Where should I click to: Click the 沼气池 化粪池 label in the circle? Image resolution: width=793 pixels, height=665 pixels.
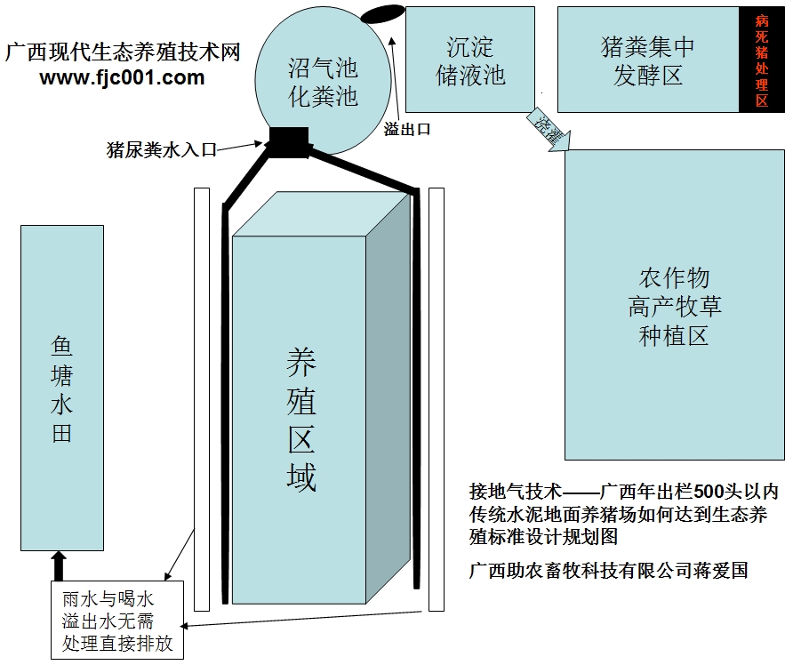pyautogui.click(x=323, y=81)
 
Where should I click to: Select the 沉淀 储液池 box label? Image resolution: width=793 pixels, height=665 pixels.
pyautogui.click(x=470, y=60)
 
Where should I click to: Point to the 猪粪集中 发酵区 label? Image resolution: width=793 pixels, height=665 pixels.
pyautogui.click(x=647, y=60)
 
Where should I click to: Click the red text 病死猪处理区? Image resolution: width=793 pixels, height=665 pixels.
pyautogui.click(x=761, y=60)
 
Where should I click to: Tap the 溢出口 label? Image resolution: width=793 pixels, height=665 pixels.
pyautogui.click(x=407, y=129)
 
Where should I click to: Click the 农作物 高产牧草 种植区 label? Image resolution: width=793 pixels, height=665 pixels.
pyautogui.click(x=675, y=307)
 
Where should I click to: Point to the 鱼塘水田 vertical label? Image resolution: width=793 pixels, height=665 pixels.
pyautogui.click(x=61, y=389)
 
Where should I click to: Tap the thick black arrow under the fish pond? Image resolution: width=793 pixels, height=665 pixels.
pyautogui.click(x=59, y=565)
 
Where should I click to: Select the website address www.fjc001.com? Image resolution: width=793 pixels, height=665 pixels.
pyautogui.click(x=123, y=77)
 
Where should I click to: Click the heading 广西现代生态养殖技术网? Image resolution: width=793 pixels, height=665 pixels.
pyautogui.click(x=123, y=52)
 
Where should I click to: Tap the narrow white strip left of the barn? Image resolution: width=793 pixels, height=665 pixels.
pyautogui.click(x=202, y=399)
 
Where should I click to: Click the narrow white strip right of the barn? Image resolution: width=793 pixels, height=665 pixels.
pyautogui.click(x=436, y=399)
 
